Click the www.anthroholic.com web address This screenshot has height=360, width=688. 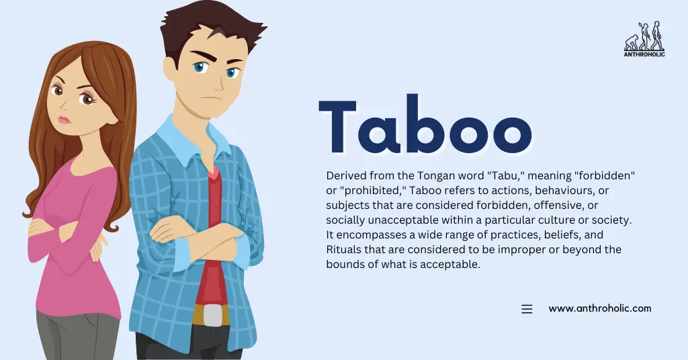(x=599, y=308)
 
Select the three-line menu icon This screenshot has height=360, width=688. (x=527, y=309)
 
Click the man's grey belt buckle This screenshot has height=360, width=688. (x=212, y=314)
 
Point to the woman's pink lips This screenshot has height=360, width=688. (x=64, y=120)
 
